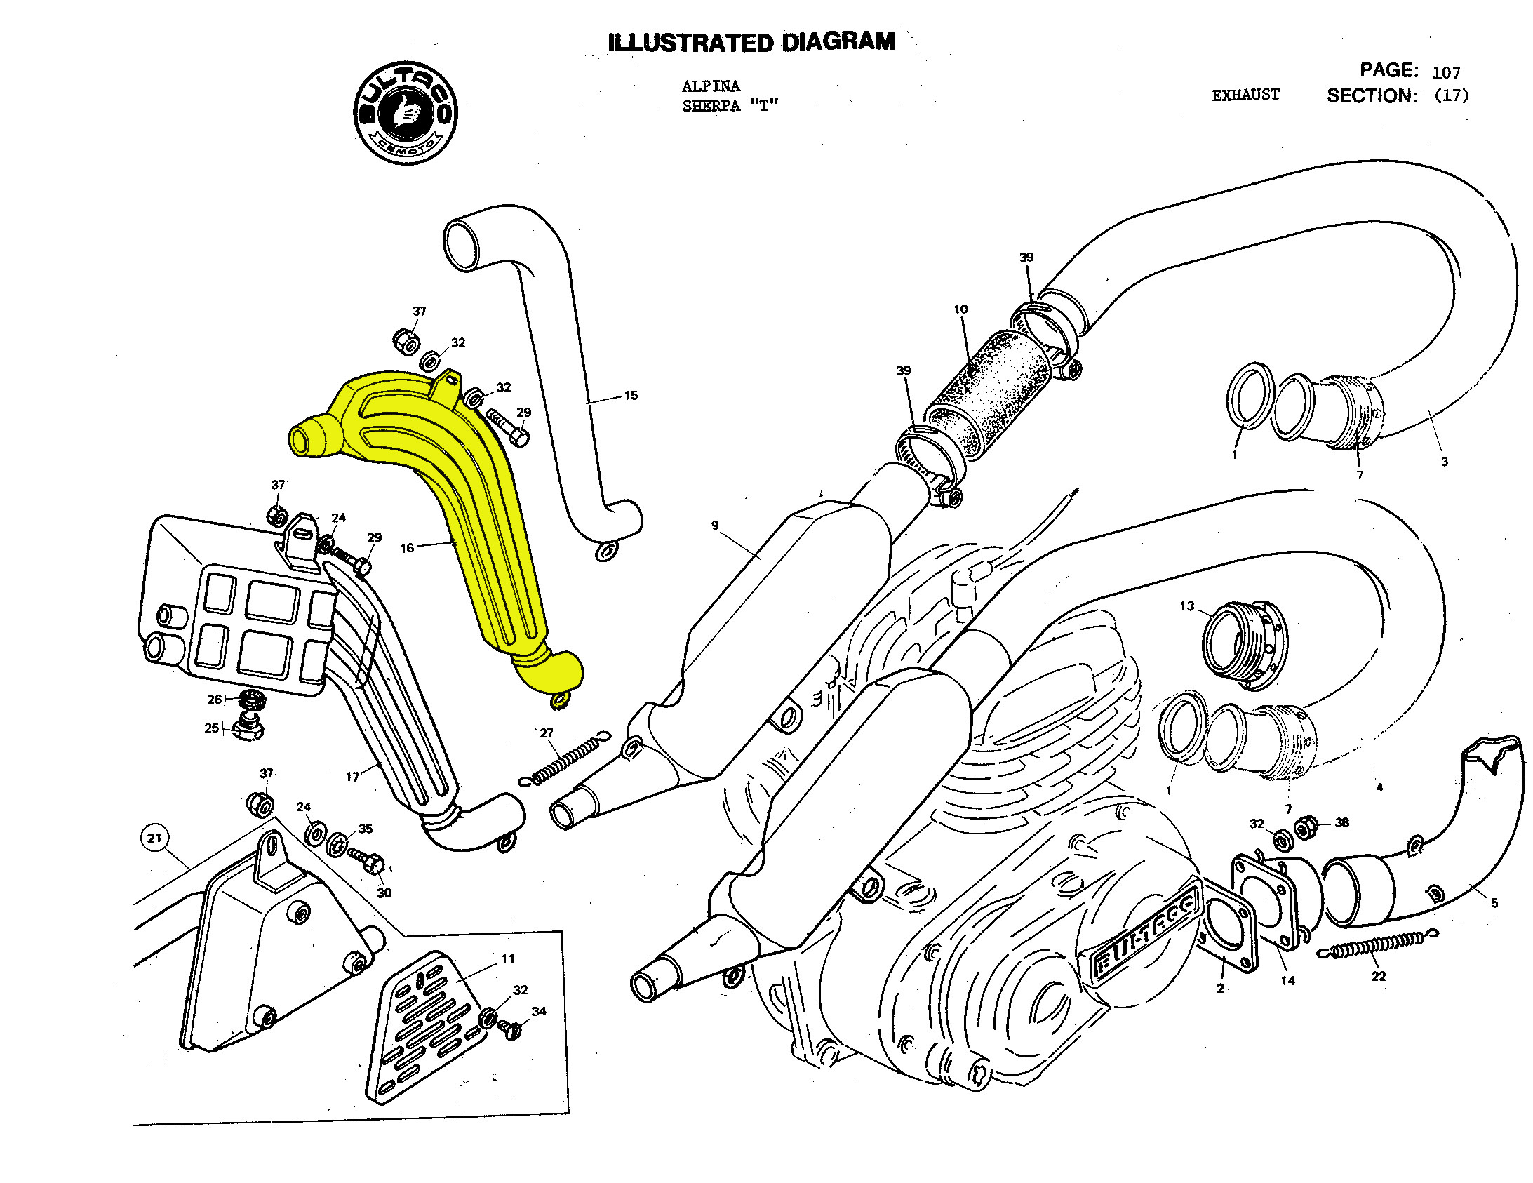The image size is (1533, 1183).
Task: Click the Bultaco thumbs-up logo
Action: pos(405,112)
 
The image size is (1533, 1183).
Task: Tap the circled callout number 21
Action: pos(154,838)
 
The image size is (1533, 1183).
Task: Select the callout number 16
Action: pos(407,548)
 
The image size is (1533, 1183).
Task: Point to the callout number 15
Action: pos(630,396)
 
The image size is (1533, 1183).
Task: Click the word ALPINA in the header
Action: pos(710,86)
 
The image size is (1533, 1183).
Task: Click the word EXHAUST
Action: pos(1245,95)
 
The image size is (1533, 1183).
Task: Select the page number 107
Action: pos(1446,72)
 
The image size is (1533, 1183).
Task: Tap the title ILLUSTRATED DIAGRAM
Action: pos(751,42)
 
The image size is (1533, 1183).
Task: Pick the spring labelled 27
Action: pos(565,758)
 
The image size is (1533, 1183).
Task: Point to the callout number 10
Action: pos(960,309)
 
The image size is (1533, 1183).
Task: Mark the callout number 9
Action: pos(714,525)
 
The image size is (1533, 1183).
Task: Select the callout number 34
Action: pos(538,1011)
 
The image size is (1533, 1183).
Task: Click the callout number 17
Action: pos(352,777)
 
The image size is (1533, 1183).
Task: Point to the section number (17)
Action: pos(1451,95)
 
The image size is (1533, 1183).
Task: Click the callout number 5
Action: pos(1494,903)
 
